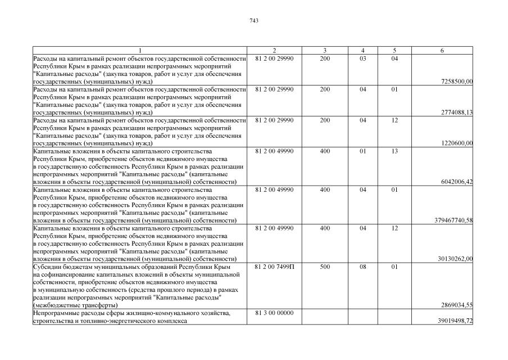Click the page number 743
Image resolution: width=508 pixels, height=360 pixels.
pos(253,21)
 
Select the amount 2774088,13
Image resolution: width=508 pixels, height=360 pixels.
pos(457,112)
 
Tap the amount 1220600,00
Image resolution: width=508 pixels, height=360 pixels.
pos(457,143)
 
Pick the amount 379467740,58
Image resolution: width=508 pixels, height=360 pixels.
pos(452,220)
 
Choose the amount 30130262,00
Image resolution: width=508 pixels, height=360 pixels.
pos(455,259)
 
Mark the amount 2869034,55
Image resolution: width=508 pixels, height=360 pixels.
pos(457,305)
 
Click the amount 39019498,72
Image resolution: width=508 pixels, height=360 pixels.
pos(455,321)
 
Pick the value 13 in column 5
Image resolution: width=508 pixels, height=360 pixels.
pos(394,151)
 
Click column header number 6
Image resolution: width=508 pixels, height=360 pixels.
pos(442,51)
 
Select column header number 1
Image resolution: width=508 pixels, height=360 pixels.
pos(140,51)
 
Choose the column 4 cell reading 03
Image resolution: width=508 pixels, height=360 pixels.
pos(363,58)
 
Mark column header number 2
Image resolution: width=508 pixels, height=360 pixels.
pos(274,51)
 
